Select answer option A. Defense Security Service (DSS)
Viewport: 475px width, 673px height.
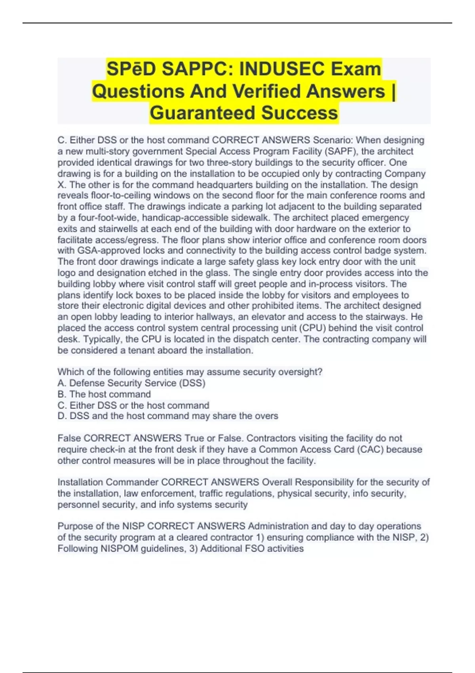click(131, 383)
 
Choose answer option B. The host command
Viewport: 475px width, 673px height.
click(104, 394)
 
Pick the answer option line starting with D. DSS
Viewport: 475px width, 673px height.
click(168, 416)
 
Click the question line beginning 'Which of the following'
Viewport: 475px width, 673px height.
click(190, 372)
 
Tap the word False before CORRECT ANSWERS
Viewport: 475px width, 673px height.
click(69, 438)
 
